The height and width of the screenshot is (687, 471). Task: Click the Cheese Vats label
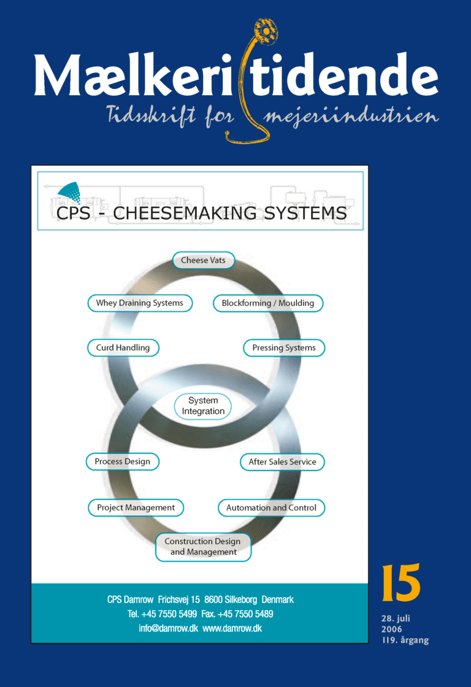pos(203,260)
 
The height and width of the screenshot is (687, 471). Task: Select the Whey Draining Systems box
pos(140,303)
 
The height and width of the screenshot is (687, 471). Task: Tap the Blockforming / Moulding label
pos(268,303)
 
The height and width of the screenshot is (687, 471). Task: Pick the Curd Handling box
pos(123,348)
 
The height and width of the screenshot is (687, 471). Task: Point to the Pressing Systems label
pos(284,348)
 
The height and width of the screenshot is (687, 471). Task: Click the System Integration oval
pos(203,406)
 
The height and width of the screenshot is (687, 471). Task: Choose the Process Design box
pos(122,461)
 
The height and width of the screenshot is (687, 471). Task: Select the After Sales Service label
pos(282,462)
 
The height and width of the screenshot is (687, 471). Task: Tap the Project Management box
pos(136,508)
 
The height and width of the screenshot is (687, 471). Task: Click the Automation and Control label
pos(271,508)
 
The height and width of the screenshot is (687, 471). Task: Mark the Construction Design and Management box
pos(203,547)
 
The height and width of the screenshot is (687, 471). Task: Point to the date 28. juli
pos(396,618)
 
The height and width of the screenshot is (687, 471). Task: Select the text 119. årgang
pos(405,640)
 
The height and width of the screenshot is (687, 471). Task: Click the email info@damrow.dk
pos(168,628)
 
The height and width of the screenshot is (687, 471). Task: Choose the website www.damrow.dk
pos(232,628)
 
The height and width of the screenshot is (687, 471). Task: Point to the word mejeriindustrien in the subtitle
pos(351,117)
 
